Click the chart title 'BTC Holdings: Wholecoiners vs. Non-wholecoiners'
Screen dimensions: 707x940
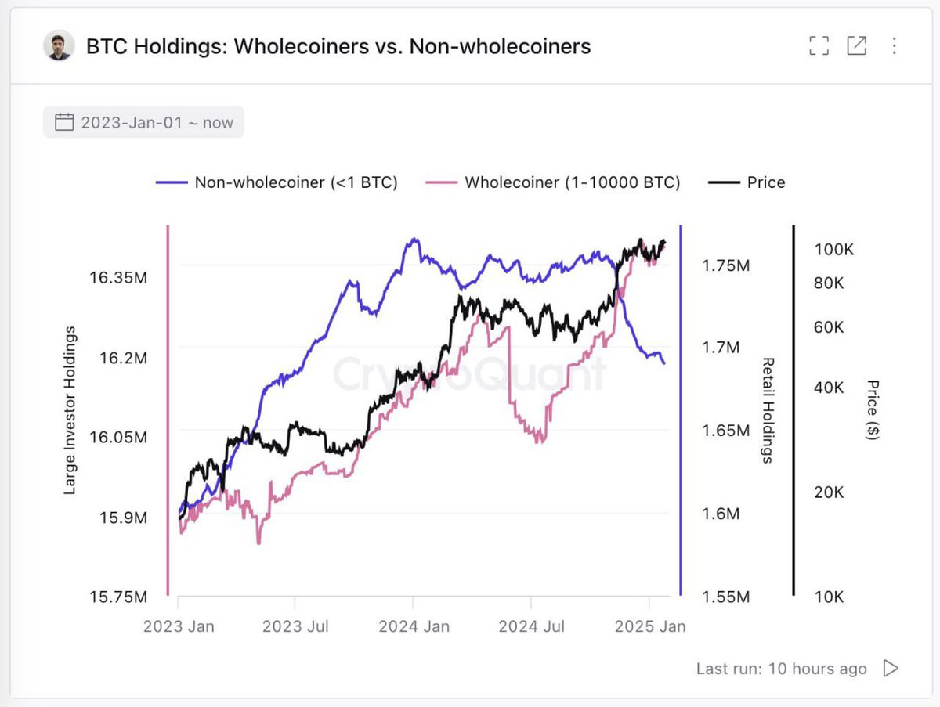click(338, 47)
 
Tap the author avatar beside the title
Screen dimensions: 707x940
click(59, 46)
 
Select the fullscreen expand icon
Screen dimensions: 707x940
click(819, 46)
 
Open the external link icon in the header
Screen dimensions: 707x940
click(856, 46)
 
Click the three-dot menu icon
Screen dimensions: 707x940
click(894, 46)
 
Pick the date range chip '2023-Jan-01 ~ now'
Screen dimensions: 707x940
click(143, 123)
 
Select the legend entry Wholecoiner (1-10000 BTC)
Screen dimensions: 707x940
click(553, 182)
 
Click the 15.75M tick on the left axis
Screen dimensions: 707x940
click(118, 597)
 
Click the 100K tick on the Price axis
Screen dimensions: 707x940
click(833, 250)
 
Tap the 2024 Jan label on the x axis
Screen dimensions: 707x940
click(414, 626)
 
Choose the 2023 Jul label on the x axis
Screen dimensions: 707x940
click(295, 626)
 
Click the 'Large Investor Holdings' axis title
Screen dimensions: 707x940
click(70, 410)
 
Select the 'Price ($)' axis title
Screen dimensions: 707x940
click(873, 410)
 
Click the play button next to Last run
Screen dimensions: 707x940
click(891, 668)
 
